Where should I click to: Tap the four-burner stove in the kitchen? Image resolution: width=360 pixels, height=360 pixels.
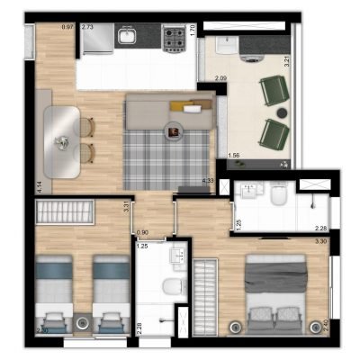point(172,37)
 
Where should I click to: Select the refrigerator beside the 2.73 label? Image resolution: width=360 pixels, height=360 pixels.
point(97,40)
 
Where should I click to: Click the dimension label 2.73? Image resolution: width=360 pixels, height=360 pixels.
point(87,27)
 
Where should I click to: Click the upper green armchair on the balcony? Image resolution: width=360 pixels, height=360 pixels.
point(273,91)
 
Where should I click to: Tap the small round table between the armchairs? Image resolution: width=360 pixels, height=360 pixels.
point(290,113)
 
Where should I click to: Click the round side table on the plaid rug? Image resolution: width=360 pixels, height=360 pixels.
point(173,132)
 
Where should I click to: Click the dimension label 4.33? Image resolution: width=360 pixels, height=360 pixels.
point(209,181)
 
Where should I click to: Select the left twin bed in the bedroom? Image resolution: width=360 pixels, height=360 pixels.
point(54,292)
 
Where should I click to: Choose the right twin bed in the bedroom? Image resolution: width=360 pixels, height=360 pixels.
point(110,292)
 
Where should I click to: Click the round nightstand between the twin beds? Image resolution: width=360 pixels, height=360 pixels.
point(82,321)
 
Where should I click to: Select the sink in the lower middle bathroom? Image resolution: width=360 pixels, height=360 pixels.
point(176,257)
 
